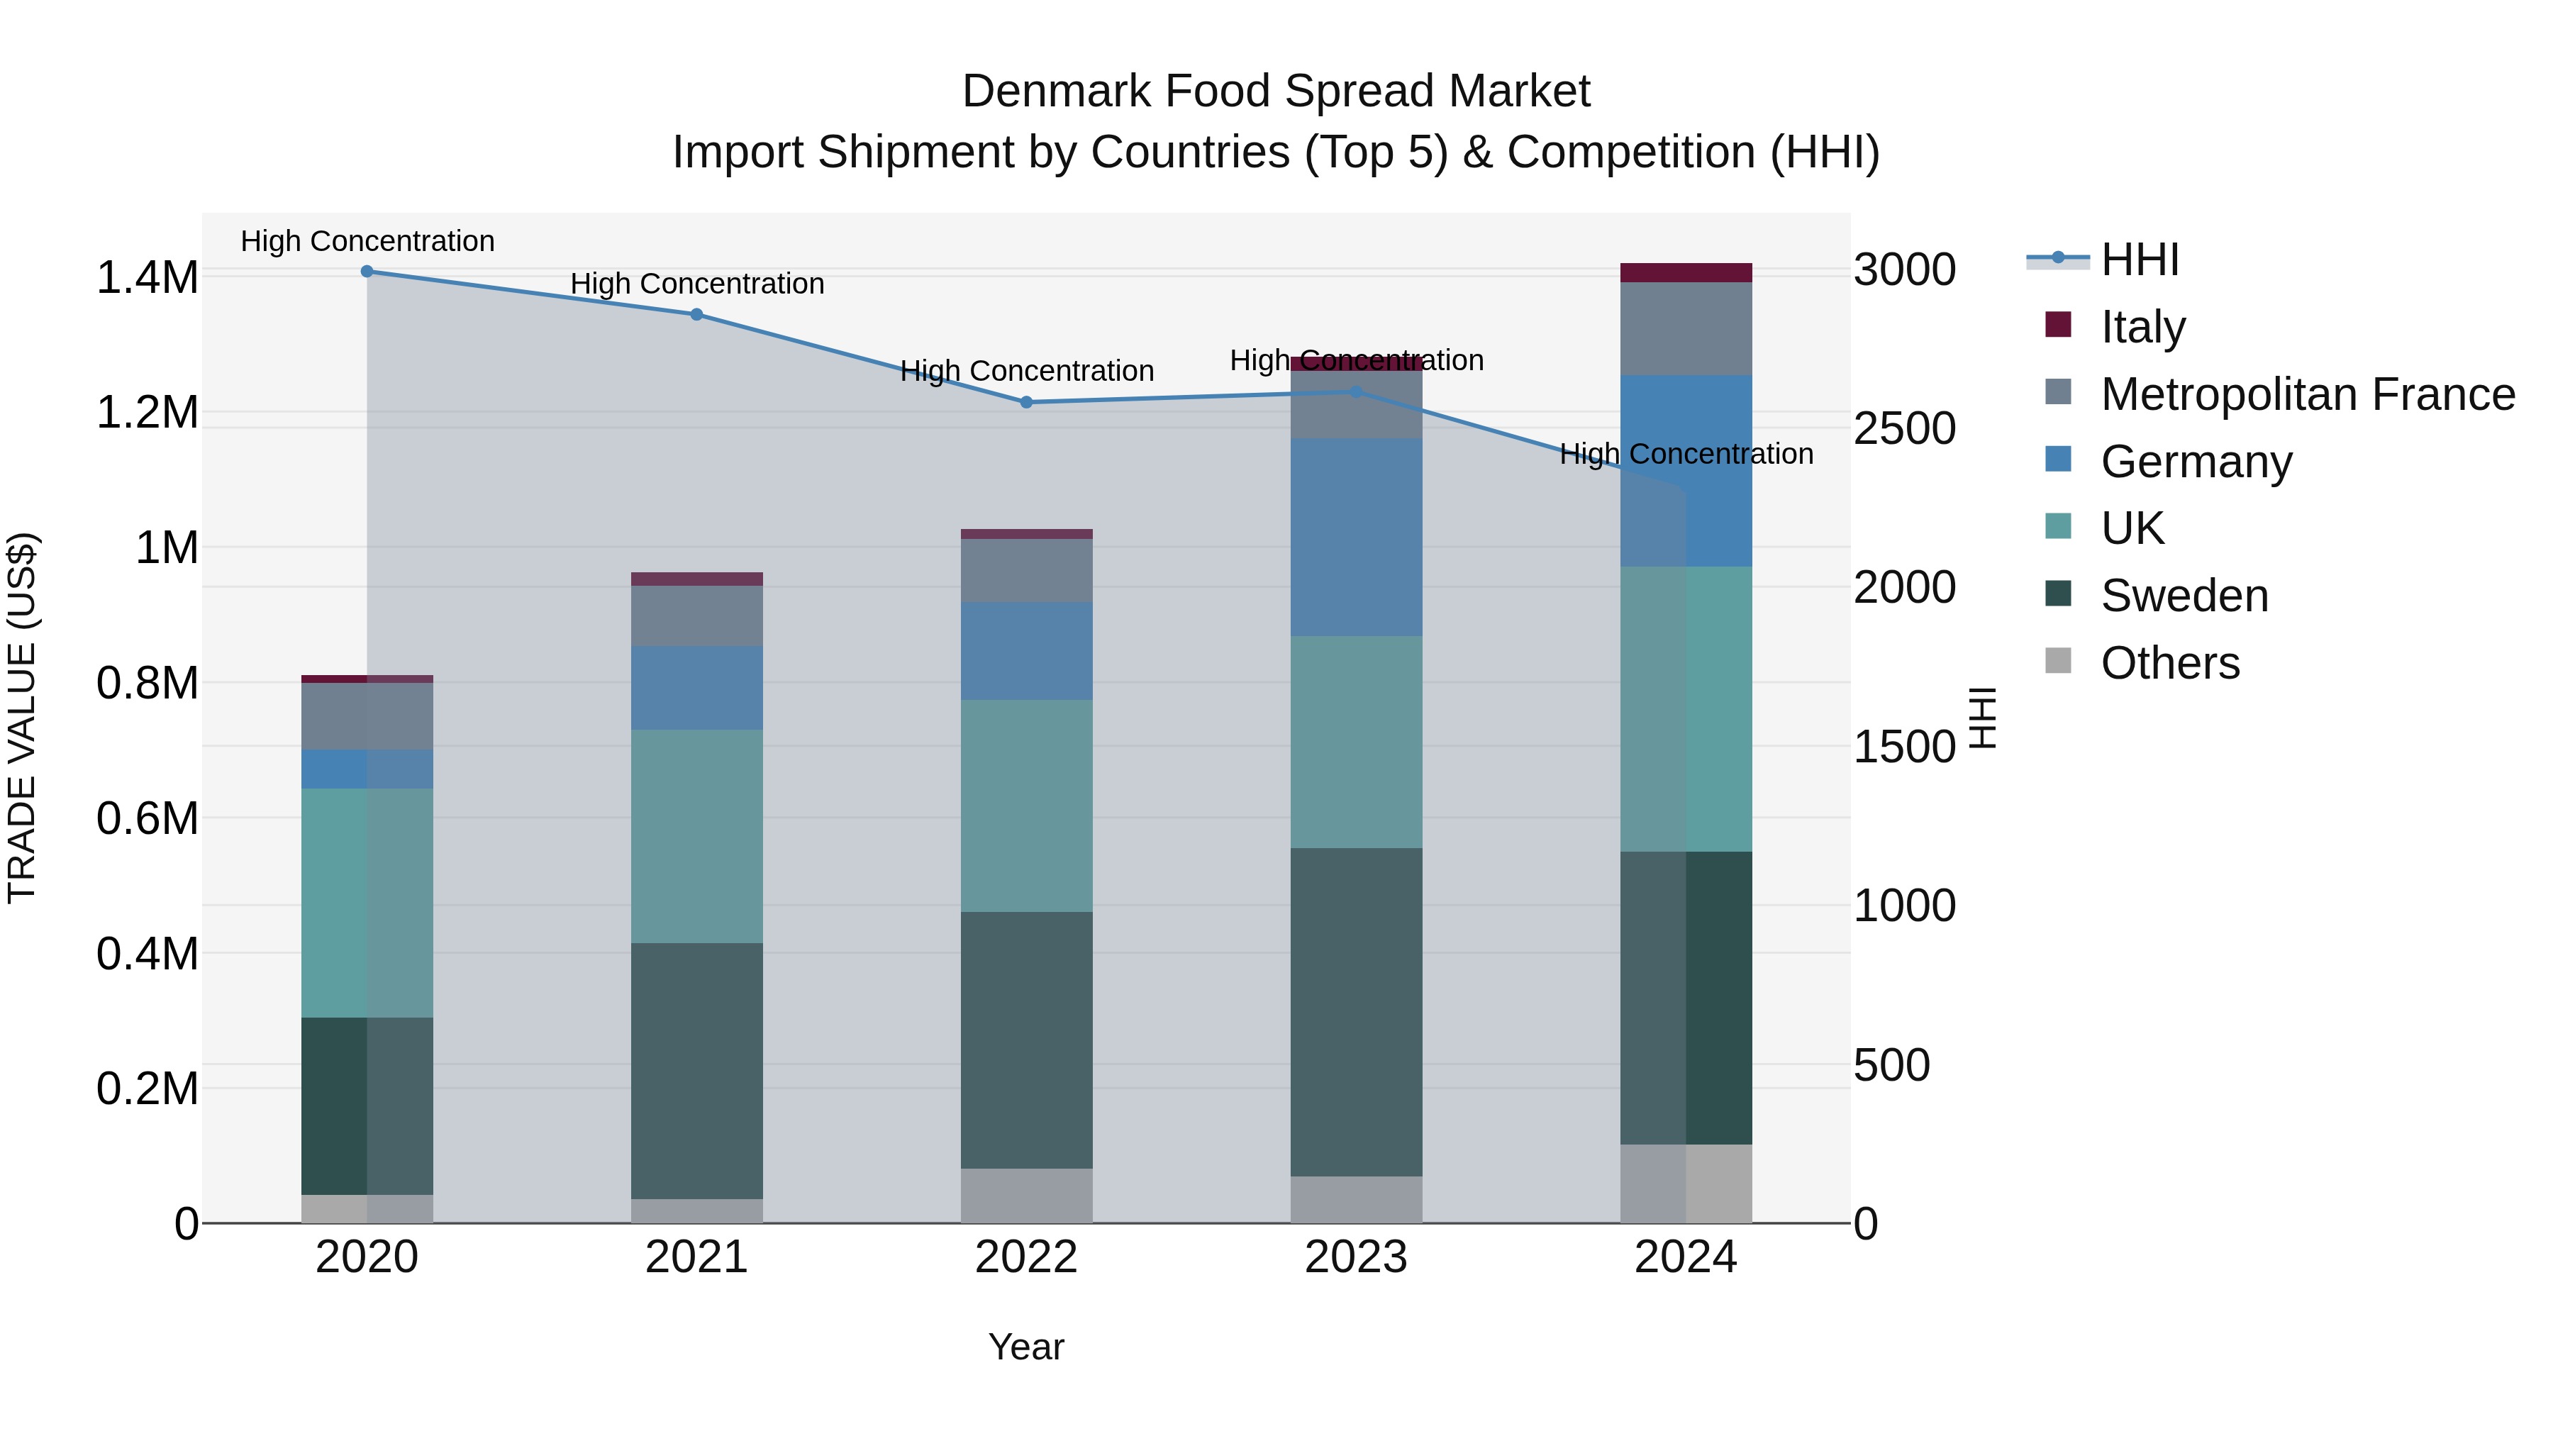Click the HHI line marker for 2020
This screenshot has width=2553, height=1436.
[367, 271]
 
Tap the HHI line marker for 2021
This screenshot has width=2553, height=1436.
[696, 314]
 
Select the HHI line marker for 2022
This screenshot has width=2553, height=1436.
[1025, 402]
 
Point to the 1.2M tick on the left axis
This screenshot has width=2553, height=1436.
[147, 412]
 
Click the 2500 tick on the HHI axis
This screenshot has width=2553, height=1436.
[1904, 428]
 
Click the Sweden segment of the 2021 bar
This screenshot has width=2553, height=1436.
[696, 1070]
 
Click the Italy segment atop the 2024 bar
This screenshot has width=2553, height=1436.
[1685, 272]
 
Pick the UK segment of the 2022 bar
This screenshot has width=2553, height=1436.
[1025, 805]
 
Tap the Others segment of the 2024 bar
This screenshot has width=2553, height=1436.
[1685, 1184]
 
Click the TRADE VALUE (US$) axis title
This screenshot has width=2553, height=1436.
[22, 718]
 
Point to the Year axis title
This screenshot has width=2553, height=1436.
[1025, 1347]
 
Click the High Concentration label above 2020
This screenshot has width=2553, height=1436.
[367, 241]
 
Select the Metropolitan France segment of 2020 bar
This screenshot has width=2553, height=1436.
[367, 716]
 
